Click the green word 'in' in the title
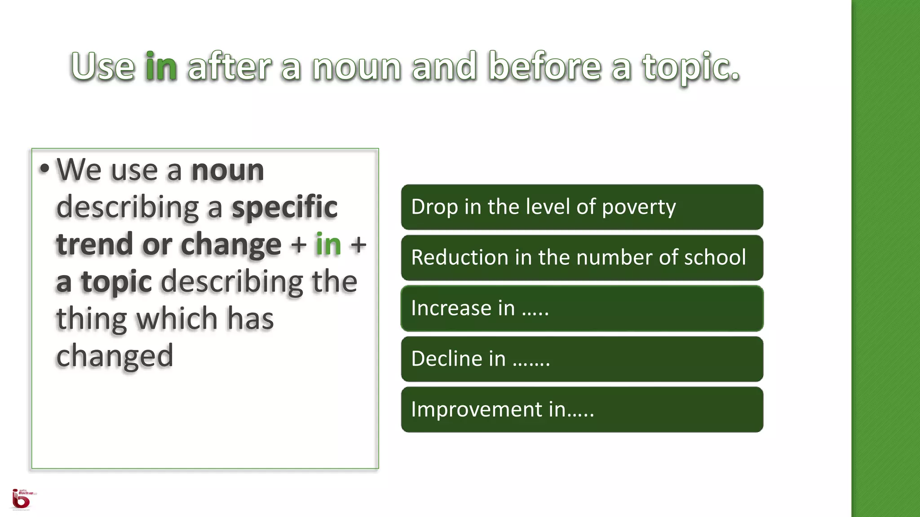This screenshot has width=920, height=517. (x=161, y=67)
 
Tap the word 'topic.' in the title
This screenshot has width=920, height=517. (x=691, y=67)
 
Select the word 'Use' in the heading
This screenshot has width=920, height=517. (x=103, y=67)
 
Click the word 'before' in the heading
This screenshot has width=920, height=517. (x=544, y=67)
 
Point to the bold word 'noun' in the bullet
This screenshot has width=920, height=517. (x=227, y=170)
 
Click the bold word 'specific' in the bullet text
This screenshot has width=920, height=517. (x=284, y=207)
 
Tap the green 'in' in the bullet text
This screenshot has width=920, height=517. (x=328, y=244)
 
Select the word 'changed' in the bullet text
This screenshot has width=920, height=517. (x=115, y=355)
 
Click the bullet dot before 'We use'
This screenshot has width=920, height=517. (x=44, y=169)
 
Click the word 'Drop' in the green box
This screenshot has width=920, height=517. (x=434, y=207)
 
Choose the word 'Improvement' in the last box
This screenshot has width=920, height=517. (x=477, y=409)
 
